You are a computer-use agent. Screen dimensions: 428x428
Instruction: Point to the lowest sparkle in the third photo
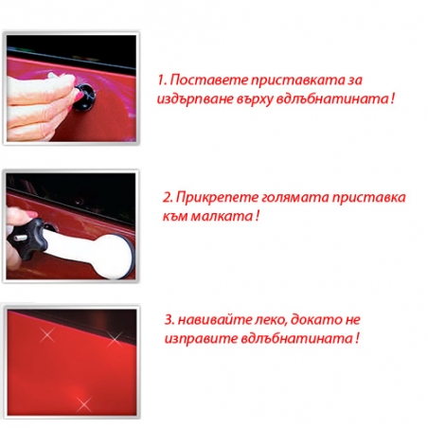82,404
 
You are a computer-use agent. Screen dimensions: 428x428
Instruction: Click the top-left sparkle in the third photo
44,334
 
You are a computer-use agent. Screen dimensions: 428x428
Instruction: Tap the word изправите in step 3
194,338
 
